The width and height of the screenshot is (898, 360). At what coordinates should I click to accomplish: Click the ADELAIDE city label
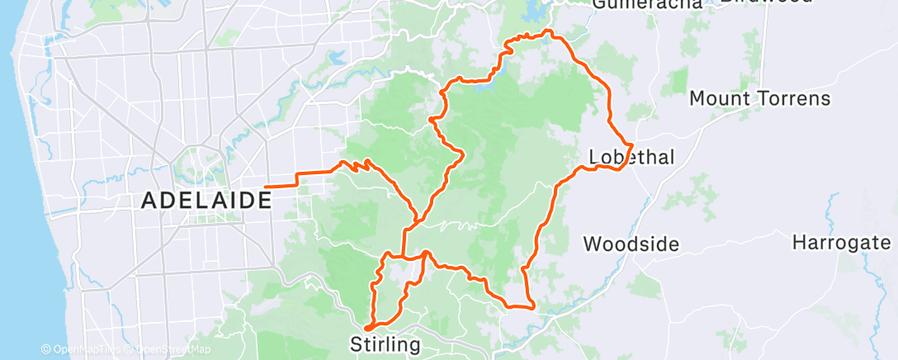206,200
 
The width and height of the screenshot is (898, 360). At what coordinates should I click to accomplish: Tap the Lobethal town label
631,157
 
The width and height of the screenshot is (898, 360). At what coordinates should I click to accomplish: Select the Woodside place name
631,244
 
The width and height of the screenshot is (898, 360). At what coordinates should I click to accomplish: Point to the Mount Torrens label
759,99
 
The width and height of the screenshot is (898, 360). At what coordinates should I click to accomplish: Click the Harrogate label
841,243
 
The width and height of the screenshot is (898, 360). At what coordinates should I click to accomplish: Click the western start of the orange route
266,187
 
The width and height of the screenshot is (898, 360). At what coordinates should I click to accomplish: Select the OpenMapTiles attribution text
83,349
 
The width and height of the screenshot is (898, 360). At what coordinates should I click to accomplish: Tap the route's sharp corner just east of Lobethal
632,146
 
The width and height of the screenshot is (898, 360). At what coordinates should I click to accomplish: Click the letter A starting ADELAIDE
149,200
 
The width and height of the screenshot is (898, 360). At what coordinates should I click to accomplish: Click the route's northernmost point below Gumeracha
546,32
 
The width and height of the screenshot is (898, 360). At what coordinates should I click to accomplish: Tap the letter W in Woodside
591,244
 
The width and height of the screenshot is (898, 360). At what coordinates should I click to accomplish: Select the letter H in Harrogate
799,243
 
